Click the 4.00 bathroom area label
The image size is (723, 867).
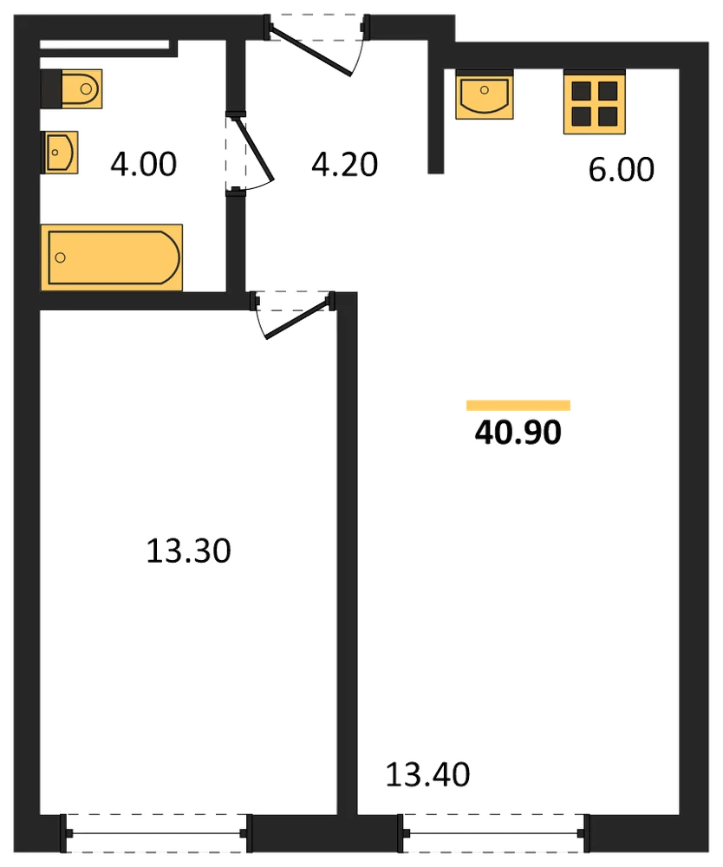point(144,164)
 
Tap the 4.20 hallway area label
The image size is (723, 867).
point(344,164)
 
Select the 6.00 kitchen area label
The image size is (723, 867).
point(622,169)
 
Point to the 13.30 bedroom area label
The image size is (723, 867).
point(188,551)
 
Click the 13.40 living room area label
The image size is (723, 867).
point(428,774)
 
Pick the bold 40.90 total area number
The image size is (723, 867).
point(518,433)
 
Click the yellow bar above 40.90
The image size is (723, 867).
point(518,405)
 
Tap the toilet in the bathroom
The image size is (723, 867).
point(72,88)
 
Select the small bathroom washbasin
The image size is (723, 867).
point(59,152)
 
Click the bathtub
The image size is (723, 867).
point(112,257)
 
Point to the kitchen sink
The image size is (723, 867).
point(485,94)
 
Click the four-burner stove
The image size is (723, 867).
point(594,101)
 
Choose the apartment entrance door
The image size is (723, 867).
point(315,45)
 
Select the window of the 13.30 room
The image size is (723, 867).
point(156,833)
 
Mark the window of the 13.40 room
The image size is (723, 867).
point(493,833)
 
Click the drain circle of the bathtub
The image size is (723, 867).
point(61,257)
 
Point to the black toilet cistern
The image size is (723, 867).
point(51,88)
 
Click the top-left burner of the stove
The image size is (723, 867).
point(582,90)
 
